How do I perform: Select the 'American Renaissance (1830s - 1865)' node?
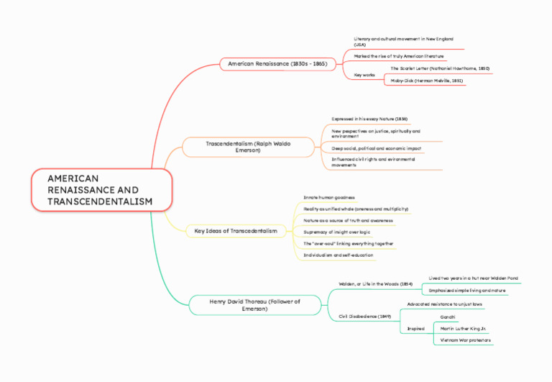(x=277, y=64)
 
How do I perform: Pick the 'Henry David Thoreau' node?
(x=254, y=304)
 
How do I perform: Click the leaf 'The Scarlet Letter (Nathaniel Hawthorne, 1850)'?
(x=440, y=68)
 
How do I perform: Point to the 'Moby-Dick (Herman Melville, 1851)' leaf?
(x=426, y=81)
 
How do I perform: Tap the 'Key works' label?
(x=364, y=75)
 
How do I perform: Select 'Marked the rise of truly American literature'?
(x=398, y=55)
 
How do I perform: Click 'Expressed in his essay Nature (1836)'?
(x=369, y=118)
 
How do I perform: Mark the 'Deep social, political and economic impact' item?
(x=376, y=148)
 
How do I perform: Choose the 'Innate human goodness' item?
(x=329, y=196)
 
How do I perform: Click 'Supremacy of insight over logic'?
(x=337, y=232)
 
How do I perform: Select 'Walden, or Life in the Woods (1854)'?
(x=375, y=284)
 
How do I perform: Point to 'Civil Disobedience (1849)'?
(x=364, y=317)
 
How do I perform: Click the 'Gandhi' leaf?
(x=448, y=317)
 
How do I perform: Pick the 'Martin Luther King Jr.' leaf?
(x=464, y=328)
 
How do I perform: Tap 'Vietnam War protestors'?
(x=466, y=340)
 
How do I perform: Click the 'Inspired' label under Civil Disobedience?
(x=415, y=329)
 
